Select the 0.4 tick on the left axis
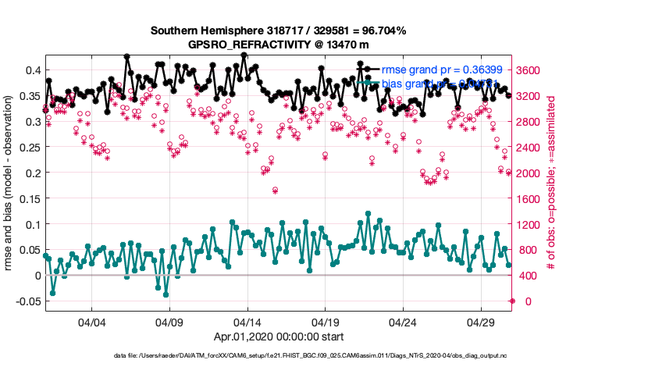[31, 70]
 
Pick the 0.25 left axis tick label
[28, 147]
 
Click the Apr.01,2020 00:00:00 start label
[278, 337]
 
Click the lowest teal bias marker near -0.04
[166, 294]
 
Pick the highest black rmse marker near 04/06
[126, 56]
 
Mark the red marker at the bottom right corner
[512, 301]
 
